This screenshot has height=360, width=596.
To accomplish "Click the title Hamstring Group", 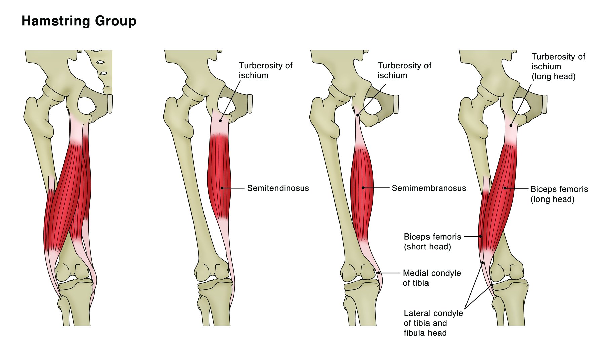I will pyautogui.click(x=79, y=21).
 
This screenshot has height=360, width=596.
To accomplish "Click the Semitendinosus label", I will pyautogui.click(x=278, y=188).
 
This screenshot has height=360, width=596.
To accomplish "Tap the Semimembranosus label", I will pyautogui.click(x=429, y=188).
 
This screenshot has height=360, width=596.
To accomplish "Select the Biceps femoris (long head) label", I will pyautogui.click(x=559, y=194).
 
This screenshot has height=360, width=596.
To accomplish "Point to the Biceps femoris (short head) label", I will pyautogui.click(x=432, y=242).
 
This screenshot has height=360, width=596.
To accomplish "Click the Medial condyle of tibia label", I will pyautogui.click(x=432, y=278).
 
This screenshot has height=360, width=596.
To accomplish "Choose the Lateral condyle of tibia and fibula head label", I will pyautogui.click(x=433, y=323).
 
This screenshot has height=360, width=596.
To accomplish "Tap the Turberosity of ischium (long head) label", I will pyautogui.click(x=558, y=66).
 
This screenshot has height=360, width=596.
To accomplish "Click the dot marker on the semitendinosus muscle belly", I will pyautogui.click(x=222, y=188).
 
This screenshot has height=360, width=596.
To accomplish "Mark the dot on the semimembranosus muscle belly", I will pyautogui.click(x=363, y=188).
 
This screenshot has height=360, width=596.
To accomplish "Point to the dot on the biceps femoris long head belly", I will pyautogui.click(x=505, y=188).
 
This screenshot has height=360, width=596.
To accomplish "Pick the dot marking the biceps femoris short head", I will pyautogui.click(x=480, y=236).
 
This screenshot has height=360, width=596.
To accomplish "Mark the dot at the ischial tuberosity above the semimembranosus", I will pyautogui.click(x=358, y=115).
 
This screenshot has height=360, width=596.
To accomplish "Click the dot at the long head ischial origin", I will pyautogui.click(x=511, y=125).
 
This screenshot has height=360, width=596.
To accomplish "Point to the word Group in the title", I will pyautogui.click(x=115, y=21).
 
